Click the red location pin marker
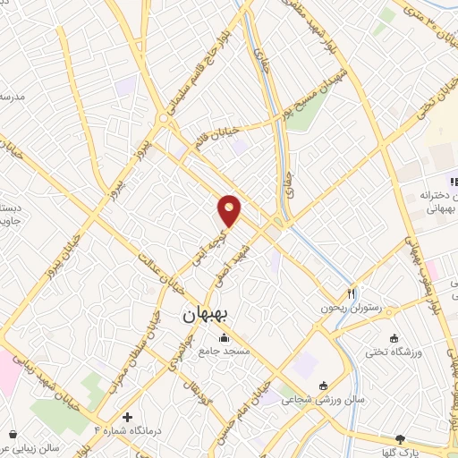230,211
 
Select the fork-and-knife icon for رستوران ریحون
352,293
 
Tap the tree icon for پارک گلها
400,439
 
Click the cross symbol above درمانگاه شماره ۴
127,417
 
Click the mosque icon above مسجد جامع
223,337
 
